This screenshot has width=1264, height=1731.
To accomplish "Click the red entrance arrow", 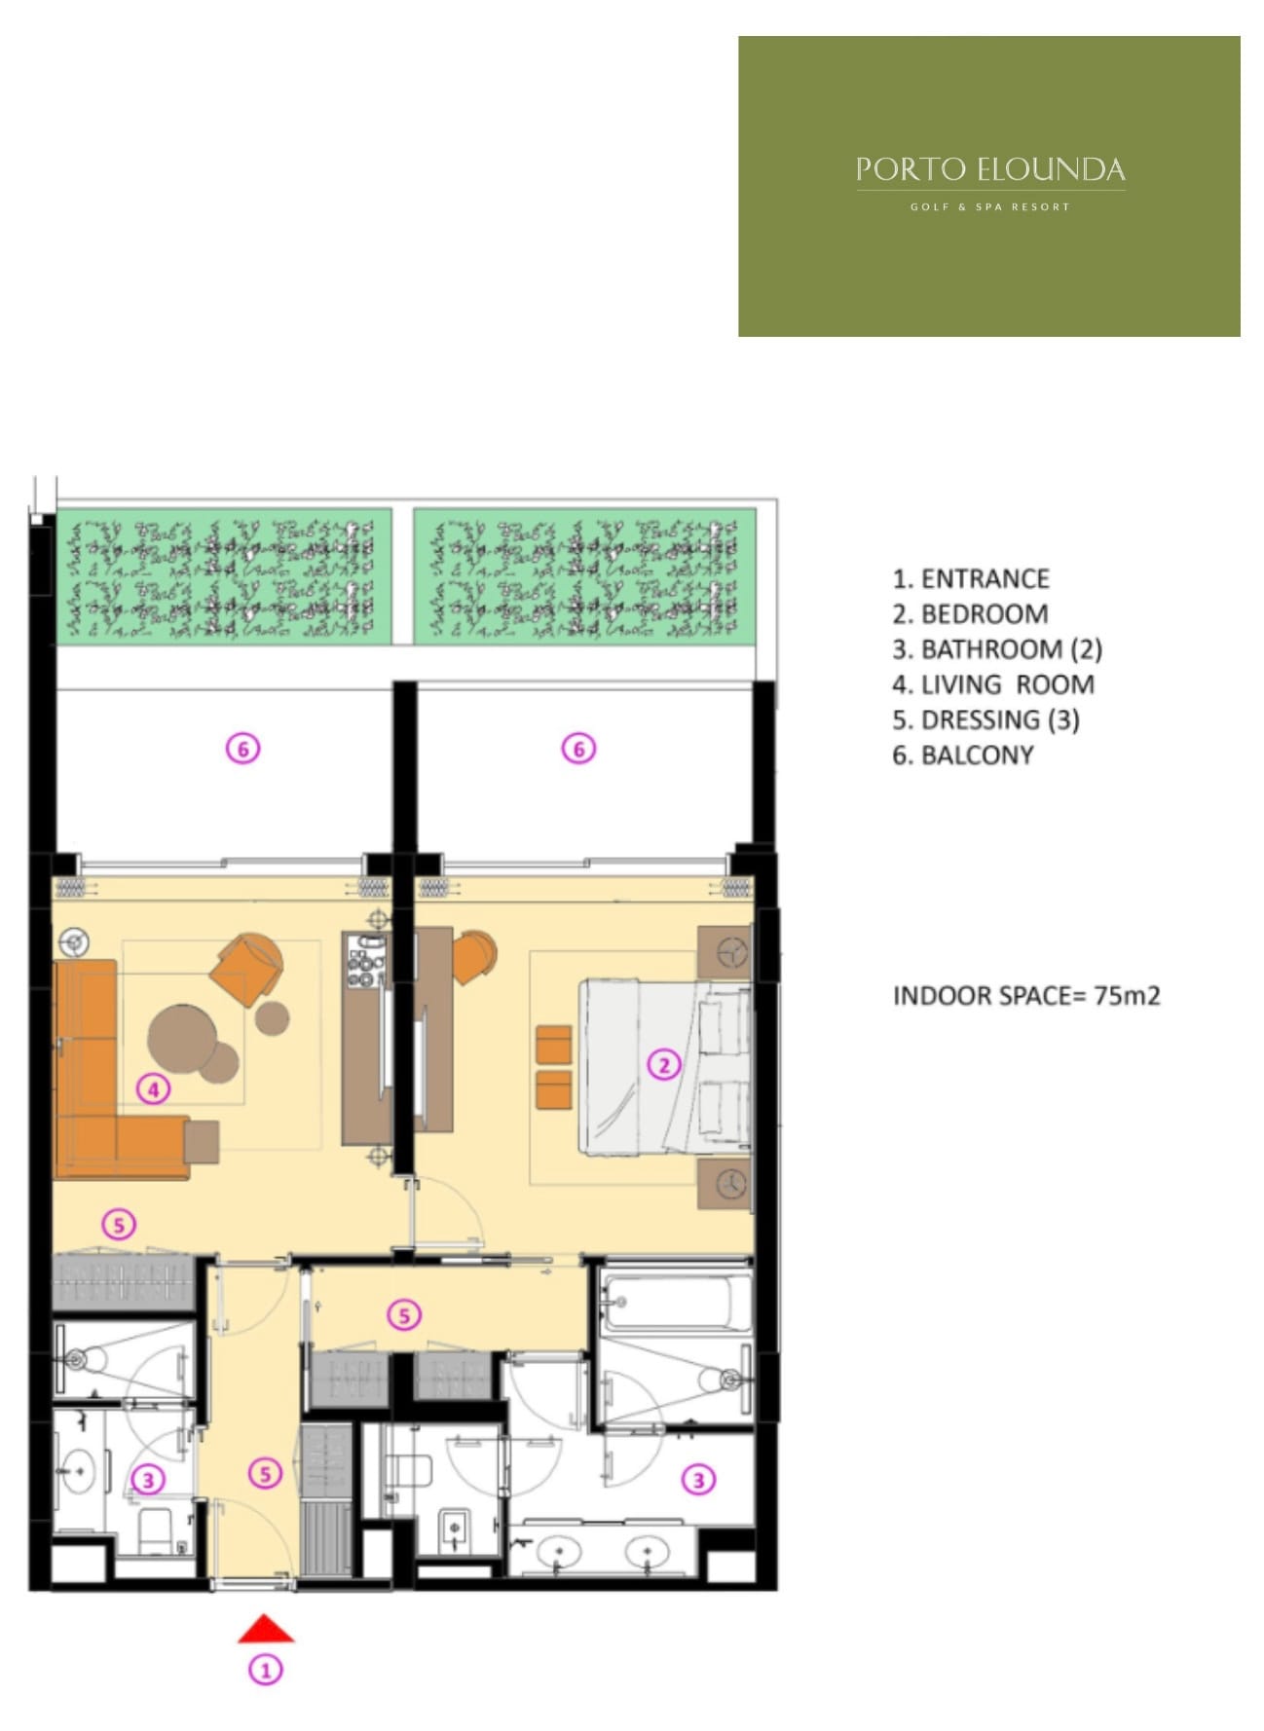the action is coord(266,1629).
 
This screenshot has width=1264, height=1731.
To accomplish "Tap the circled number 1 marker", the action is coord(265,1670).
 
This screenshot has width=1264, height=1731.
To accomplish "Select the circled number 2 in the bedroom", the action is coord(663,1064).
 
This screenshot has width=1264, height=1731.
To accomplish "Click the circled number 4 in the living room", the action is coord(153,1088).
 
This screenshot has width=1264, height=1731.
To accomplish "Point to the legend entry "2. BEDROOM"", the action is coord(970,614).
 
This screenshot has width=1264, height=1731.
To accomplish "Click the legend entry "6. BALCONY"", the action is coord(963,755).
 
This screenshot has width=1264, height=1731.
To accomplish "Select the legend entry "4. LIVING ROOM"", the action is coord(993,684).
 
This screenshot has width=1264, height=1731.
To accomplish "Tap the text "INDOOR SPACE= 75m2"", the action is coord(1026,996).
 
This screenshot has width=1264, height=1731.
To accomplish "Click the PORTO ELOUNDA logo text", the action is coord(990,170).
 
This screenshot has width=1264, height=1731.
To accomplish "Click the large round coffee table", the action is coord(182,1039).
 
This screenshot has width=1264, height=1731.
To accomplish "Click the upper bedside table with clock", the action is coord(725,952).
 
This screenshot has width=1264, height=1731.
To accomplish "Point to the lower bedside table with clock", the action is coord(725,1184).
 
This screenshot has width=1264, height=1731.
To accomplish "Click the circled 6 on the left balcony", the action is coord(243,749).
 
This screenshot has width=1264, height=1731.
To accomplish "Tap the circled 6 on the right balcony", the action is coord(578,749).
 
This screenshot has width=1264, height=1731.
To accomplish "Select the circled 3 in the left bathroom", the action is coord(147,1481).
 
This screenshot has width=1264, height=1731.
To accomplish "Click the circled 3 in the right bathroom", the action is coord(698,1480).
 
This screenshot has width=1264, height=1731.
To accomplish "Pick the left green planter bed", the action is coord(224,575).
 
